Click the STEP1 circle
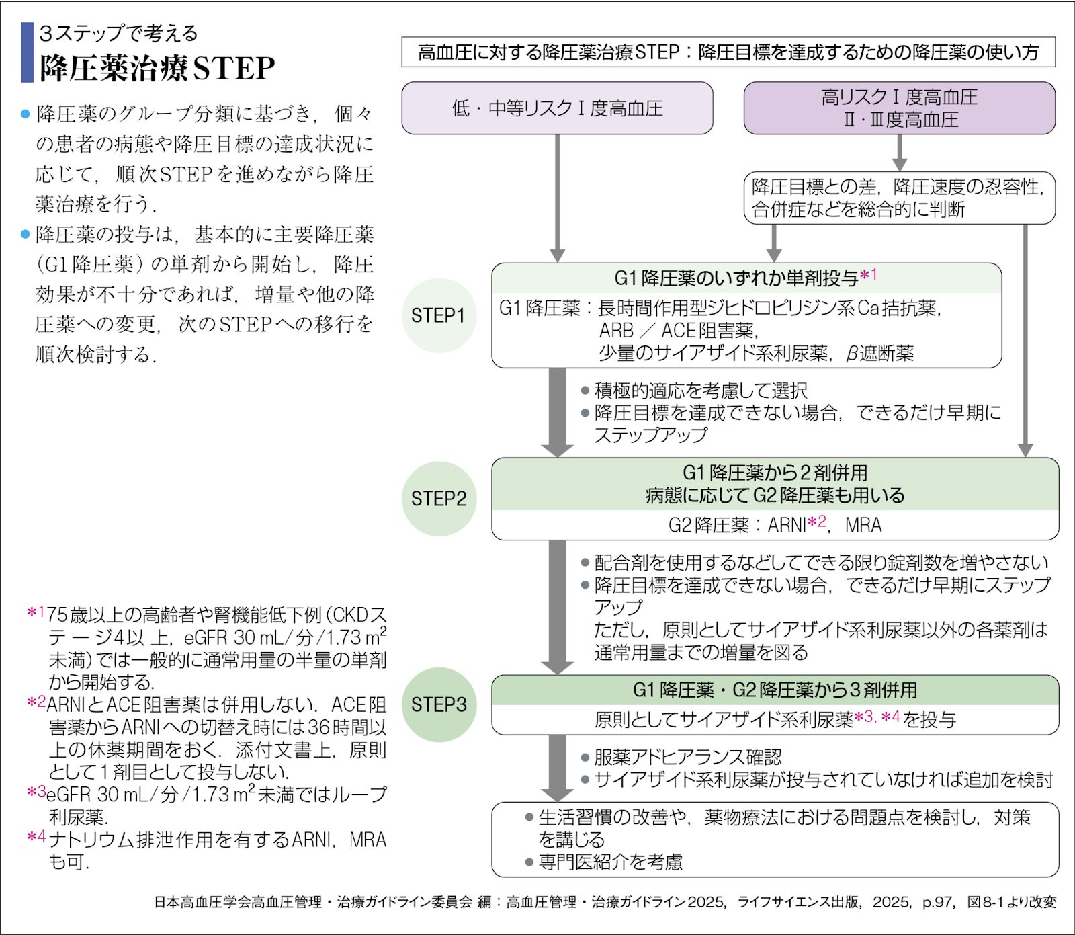pyautogui.click(x=439, y=315)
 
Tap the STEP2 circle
pyautogui.click(x=439, y=499)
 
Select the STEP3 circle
pyautogui.click(x=439, y=704)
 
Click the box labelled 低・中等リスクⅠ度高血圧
pyautogui.click(x=557, y=108)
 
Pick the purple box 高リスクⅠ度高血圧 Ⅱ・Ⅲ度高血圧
pyautogui.click(x=899, y=108)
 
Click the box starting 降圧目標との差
pyautogui.click(x=899, y=198)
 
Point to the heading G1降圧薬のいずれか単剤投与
pyautogui.click(x=736, y=278)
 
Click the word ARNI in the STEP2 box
pyautogui.click(x=787, y=525)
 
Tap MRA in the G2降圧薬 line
pyautogui.click(x=863, y=525)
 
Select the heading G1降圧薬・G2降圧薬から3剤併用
pyautogui.click(x=775, y=690)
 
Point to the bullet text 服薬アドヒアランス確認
pyautogui.click(x=687, y=758)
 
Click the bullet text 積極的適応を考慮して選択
pyautogui.click(x=701, y=391)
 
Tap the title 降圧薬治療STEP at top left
pyautogui.click(x=157, y=68)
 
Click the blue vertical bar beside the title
pyautogui.click(x=28, y=52)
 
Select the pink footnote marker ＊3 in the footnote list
pyautogui.click(x=36, y=792)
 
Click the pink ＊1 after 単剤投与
pyautogui.click(x=869, y=275)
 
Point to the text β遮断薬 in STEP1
pyautogui.click(x=879, y=353)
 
